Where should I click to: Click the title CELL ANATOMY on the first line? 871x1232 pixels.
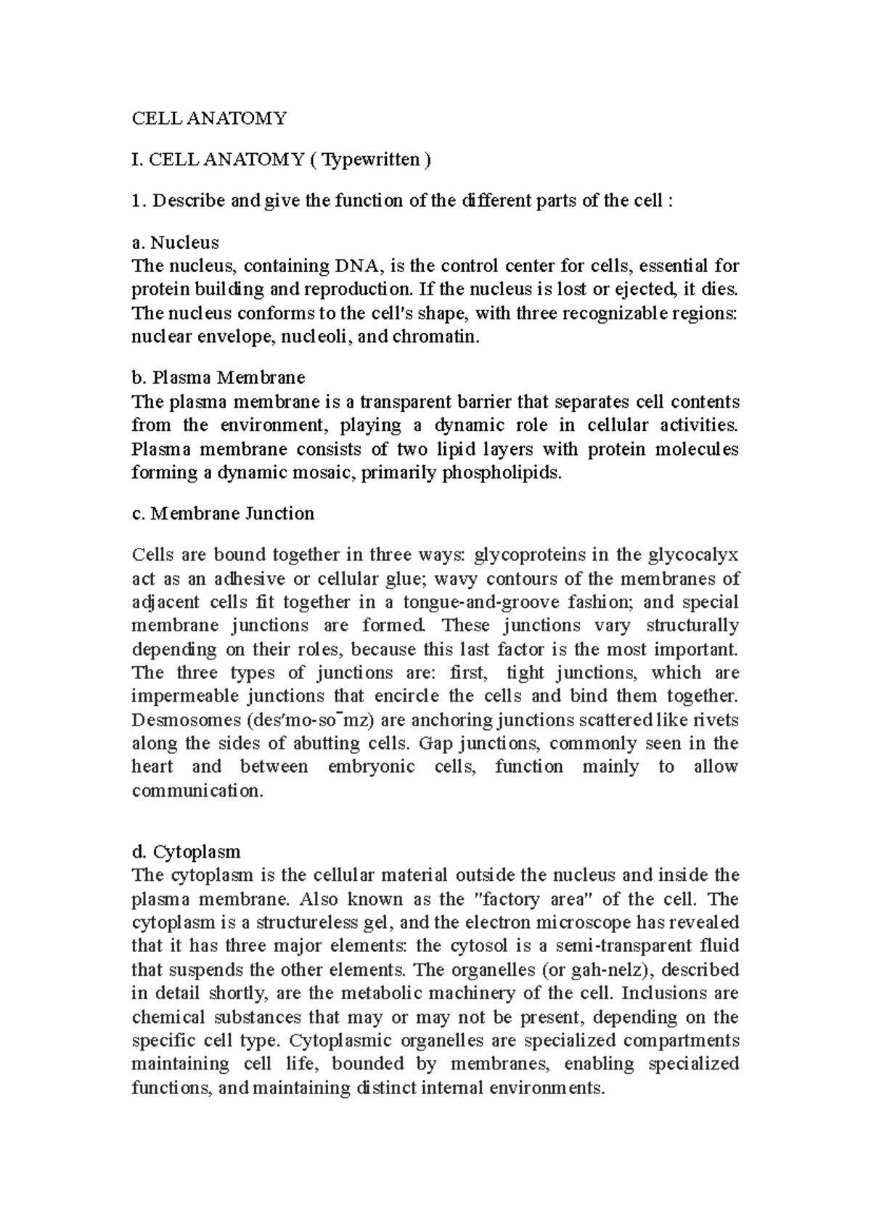point(209,118)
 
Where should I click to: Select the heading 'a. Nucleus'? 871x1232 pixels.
point(175,242)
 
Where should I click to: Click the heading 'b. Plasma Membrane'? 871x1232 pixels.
point(218,377)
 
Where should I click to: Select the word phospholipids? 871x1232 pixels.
point(502,473)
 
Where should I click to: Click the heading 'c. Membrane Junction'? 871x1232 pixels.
point(223,514)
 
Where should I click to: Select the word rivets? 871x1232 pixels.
point(717,720)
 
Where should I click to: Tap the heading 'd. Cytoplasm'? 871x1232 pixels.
point(186,851)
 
